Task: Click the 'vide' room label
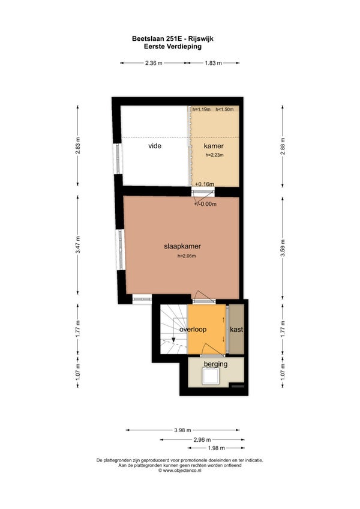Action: tap(155, 146)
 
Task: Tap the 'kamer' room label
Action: tap(214, 146)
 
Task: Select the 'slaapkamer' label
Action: tap(182, 246)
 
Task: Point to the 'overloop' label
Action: tap(193, 330)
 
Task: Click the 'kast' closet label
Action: tap(236, 330)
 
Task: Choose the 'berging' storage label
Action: tap(215, 364)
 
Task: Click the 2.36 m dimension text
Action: tap(154, 63)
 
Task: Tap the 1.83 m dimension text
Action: tap(213, 63)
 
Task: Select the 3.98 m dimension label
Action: tap(182, 430)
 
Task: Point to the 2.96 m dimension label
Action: tap(202, 440)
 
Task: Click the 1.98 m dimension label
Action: tap(216, 448)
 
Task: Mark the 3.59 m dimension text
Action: tap(283, 248)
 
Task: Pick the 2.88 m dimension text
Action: tap(283, 146)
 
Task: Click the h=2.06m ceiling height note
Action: tap(187, 256)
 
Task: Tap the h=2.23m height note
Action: tap(214, 155)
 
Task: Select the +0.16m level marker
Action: tap(205, 184)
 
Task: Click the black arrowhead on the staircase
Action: tap(173, 340)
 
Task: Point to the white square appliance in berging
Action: tap(212, 376)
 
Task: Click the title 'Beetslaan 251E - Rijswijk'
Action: tap(173, 38)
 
